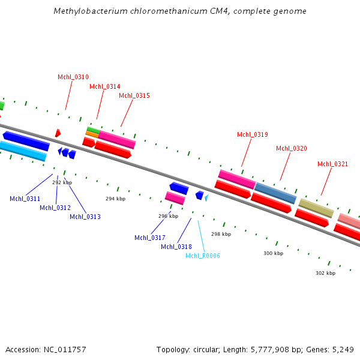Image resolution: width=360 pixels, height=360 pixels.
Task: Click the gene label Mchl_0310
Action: point(73,77)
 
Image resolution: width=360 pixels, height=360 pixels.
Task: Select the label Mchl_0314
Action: point(105,86)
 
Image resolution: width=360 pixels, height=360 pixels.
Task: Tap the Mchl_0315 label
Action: point(134,95)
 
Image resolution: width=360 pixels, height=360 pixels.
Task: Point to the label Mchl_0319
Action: point(253,134)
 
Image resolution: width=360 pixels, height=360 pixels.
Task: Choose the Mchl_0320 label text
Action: point(292,148)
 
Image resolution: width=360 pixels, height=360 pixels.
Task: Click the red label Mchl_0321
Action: point(333,164)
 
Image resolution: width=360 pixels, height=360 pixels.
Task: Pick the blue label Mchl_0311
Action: point(25,199)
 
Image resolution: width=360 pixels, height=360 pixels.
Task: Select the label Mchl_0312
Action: point(55,208)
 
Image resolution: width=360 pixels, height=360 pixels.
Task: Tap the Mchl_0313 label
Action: point(85,217)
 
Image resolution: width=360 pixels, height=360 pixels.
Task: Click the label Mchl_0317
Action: point(150,238)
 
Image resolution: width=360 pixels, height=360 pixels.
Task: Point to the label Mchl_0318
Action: point(176,247)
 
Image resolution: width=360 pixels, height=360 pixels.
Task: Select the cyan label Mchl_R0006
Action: point(203,256)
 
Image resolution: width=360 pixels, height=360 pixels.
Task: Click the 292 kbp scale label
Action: point(62,182)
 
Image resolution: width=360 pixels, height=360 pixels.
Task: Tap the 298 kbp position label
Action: point(221,234)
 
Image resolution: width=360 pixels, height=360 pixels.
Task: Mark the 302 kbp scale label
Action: point(325,273)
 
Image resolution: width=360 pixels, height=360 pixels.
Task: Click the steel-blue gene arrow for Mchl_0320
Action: point(275,193)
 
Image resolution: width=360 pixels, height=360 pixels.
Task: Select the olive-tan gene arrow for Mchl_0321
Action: point(316,208)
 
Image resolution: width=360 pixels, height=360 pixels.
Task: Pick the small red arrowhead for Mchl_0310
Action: point(58,133)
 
